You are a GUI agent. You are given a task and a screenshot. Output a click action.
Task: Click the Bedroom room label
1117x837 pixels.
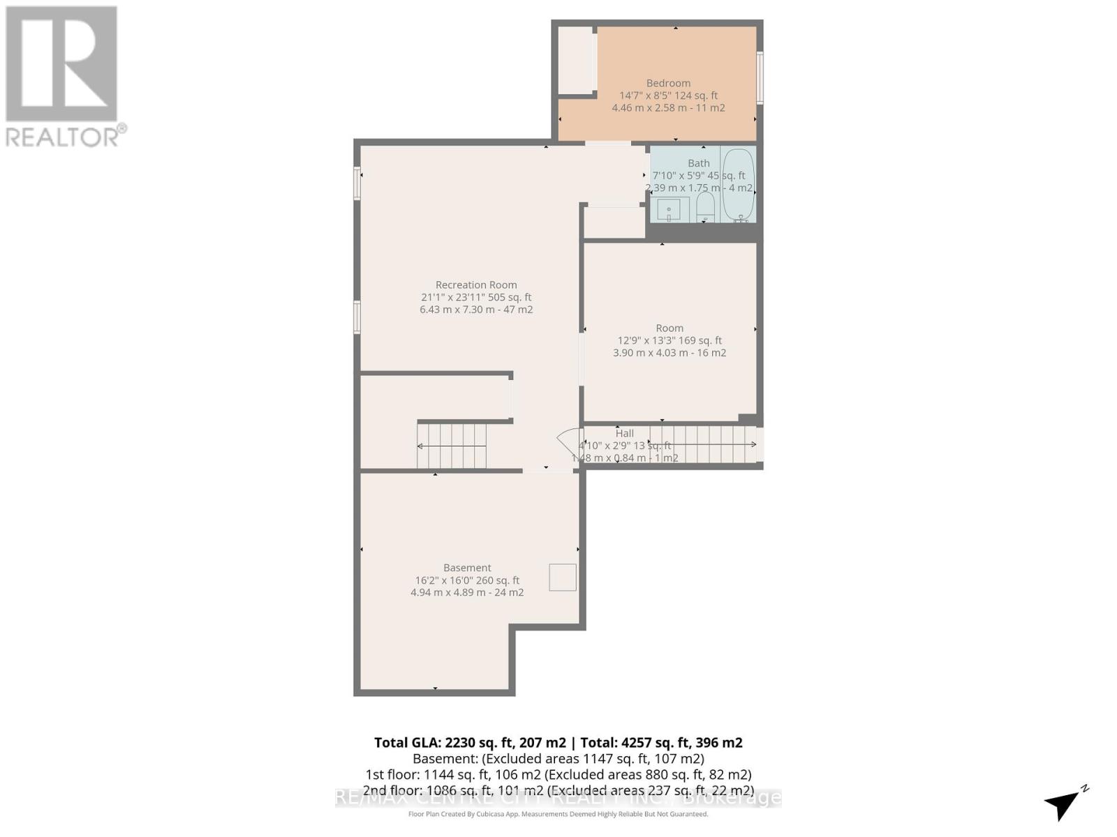[668, 83]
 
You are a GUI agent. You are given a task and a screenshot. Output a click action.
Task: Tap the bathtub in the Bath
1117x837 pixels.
[739, 186]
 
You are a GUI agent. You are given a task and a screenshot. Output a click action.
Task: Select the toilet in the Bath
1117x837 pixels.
[706, 207]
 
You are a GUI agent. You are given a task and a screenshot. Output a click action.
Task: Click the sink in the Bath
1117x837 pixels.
[669, 209]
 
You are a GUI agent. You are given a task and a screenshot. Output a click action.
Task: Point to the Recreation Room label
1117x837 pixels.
[476, 285]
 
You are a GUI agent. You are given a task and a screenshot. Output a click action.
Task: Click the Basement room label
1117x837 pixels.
[467, 568]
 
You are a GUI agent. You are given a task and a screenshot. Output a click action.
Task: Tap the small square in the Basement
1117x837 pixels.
[562, 578]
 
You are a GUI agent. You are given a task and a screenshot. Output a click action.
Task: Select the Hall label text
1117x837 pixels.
[624, 433]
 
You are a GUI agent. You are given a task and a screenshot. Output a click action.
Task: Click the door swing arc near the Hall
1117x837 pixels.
[568, 442]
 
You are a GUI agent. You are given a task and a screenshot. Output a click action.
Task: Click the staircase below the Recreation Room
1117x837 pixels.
[452, 446]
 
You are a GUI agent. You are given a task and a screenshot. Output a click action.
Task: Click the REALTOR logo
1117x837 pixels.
[63, 77]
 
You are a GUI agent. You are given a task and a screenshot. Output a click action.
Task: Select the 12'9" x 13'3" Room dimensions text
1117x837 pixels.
[670, 340]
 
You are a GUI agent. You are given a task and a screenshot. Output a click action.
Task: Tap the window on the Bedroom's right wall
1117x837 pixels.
[760, 77]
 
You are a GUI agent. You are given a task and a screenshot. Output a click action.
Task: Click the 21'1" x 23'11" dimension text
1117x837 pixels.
[476, 297]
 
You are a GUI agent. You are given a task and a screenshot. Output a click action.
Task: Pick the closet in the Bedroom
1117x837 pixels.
[576, 61]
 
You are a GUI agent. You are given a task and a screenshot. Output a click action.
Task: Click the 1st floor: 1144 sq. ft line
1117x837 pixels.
[558, 774]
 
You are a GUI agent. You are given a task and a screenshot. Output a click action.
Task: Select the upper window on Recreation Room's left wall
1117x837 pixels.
[357, 183]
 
